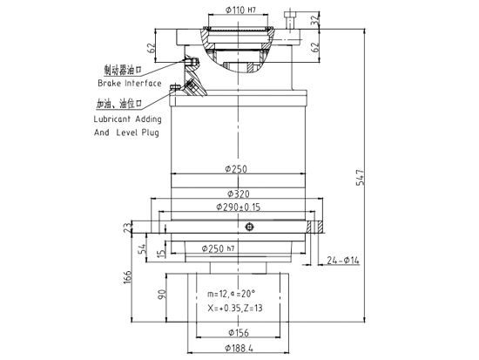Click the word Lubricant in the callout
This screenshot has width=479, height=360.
tap(113, 124)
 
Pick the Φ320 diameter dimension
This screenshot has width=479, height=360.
tap(239, 193)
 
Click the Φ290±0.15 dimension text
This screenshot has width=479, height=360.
tap(239, 207)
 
